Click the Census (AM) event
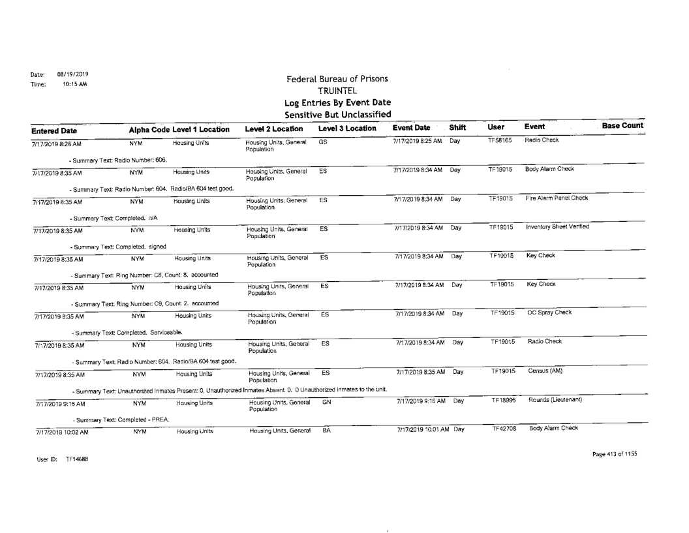(x=547, y=370)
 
